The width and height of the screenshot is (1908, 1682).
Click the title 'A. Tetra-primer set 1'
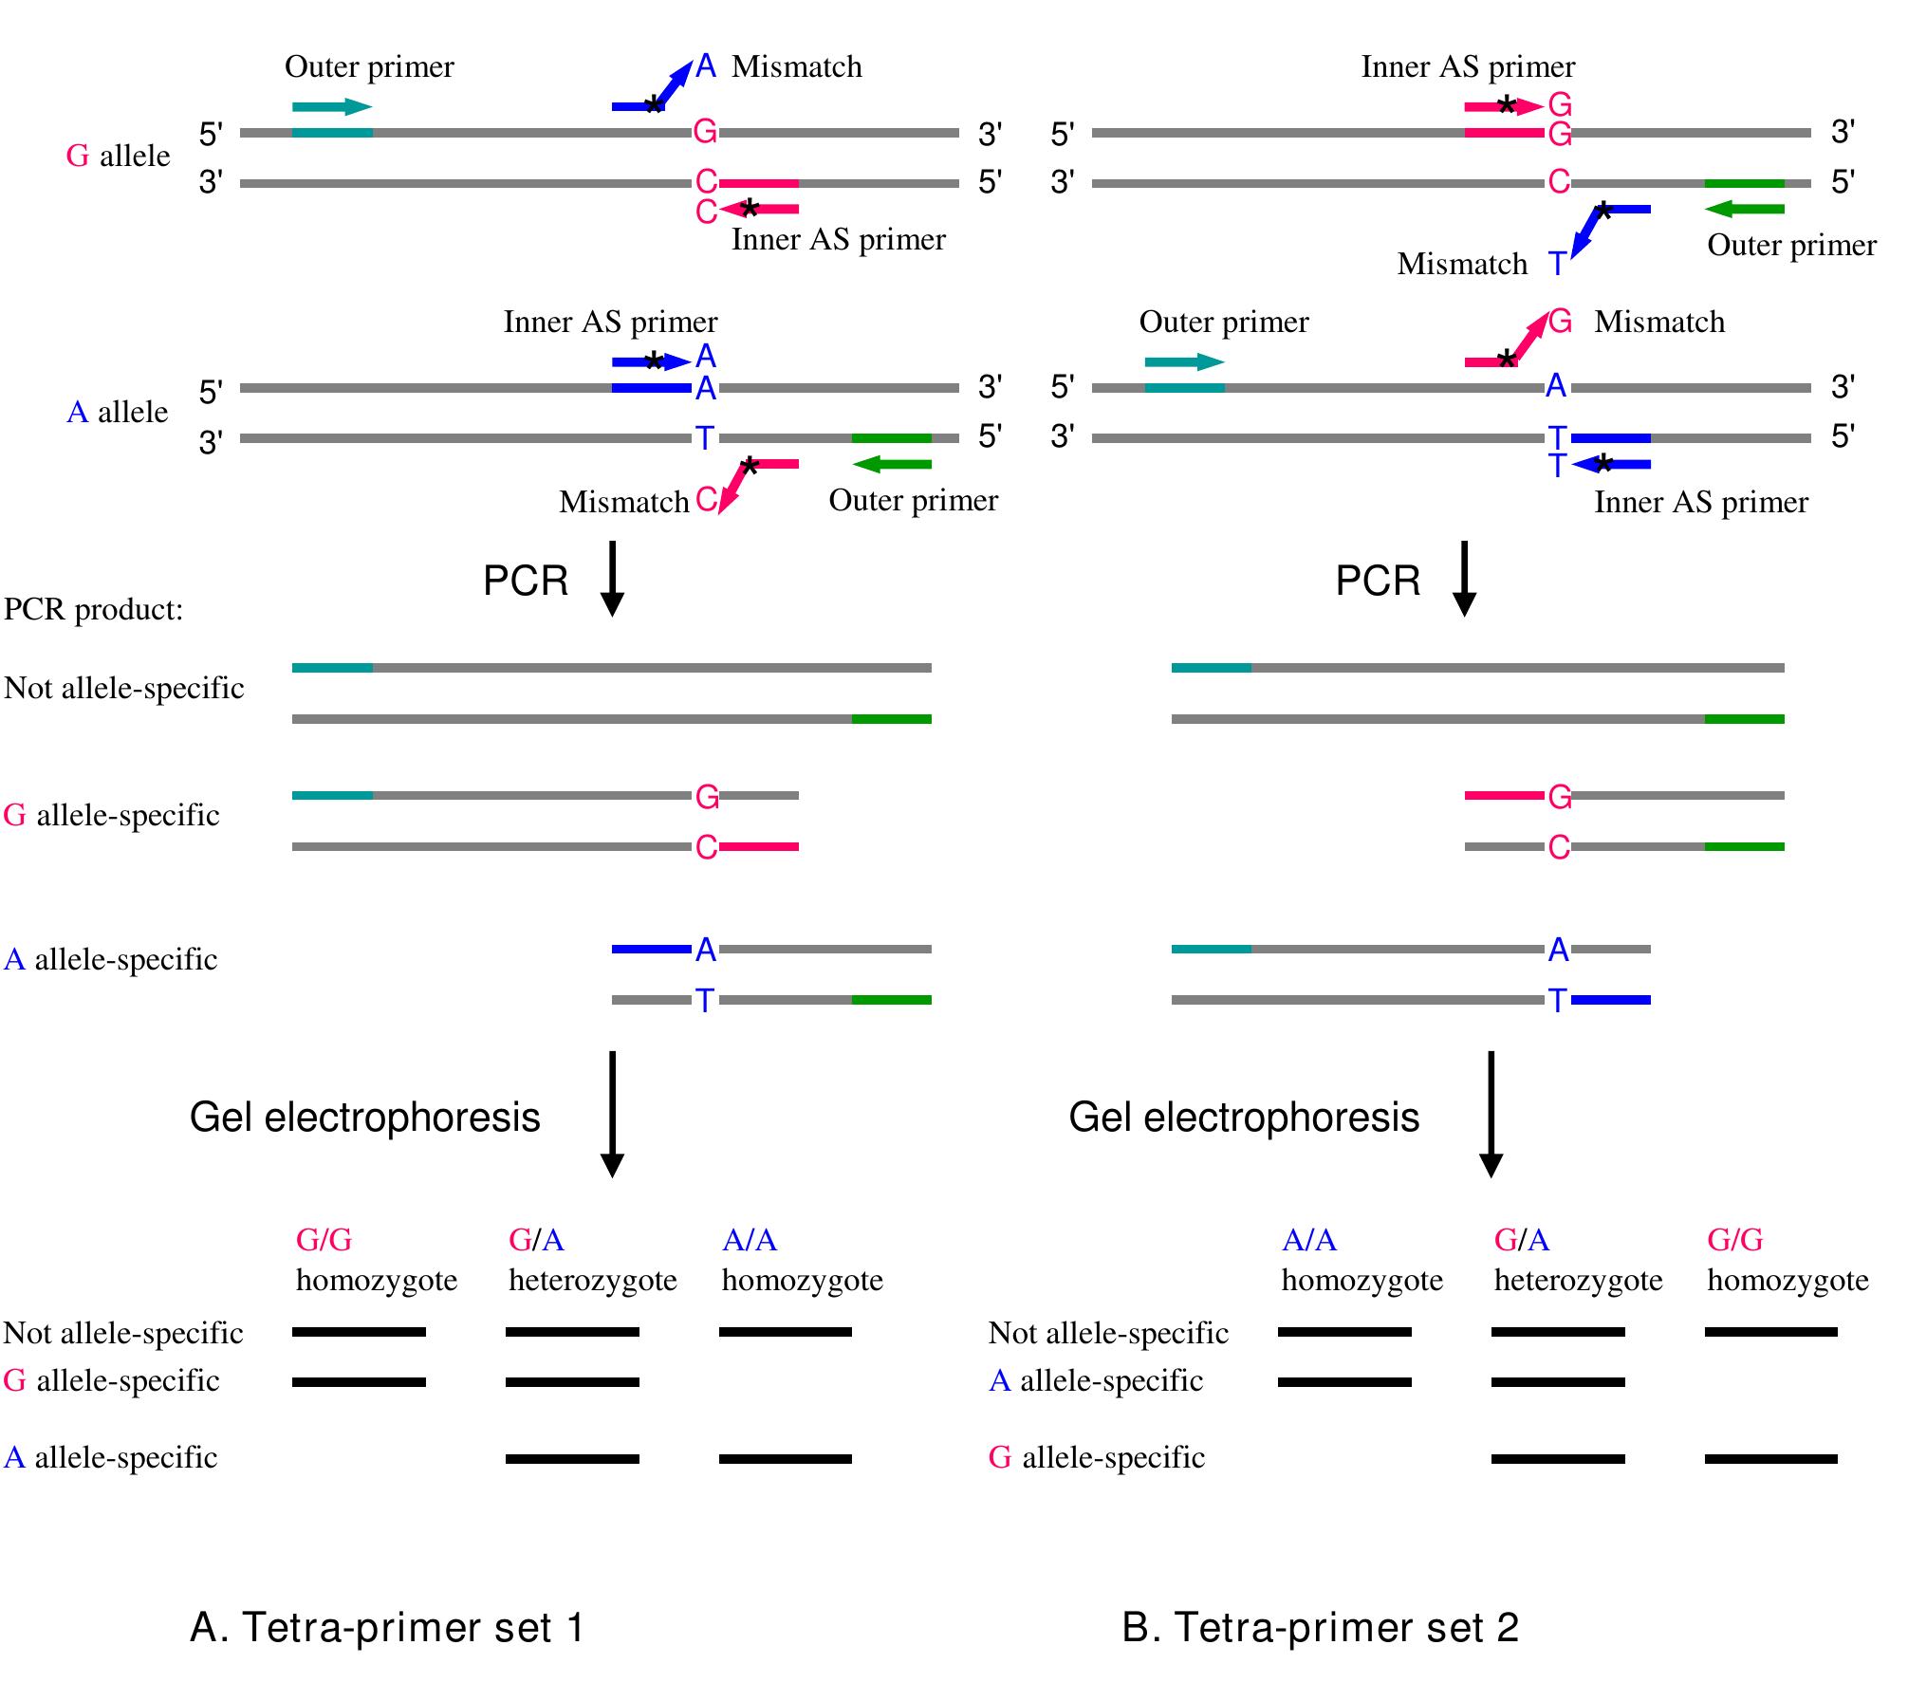(387, 1627)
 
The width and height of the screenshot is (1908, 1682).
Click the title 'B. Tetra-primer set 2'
(1320, 1627)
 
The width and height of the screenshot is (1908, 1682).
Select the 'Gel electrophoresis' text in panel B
(1243, 1117)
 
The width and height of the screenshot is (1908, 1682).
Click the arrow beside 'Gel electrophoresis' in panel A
(612, 1114)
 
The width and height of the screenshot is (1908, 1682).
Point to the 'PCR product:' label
(93, 609)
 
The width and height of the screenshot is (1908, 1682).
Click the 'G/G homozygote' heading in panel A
(376, 1260)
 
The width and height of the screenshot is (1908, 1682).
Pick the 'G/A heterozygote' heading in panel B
(1578, 1260)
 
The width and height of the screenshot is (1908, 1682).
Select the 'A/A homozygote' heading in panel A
(802, 1260)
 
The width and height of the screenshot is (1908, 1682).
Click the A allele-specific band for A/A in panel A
(785, 1458)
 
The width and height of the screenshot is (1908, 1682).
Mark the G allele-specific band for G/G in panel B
(1770, 1458)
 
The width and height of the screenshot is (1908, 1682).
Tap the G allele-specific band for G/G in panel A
(359, 1382)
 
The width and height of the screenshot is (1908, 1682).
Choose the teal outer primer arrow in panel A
(332, 106)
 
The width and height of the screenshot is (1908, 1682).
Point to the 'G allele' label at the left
(118, 156)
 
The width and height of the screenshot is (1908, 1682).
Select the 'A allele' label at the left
(117, 412)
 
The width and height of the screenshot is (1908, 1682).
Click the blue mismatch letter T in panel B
(1557, 263)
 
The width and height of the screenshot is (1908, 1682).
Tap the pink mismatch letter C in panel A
(706, 500)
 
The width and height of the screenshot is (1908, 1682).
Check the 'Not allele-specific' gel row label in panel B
(1108, 1333)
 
